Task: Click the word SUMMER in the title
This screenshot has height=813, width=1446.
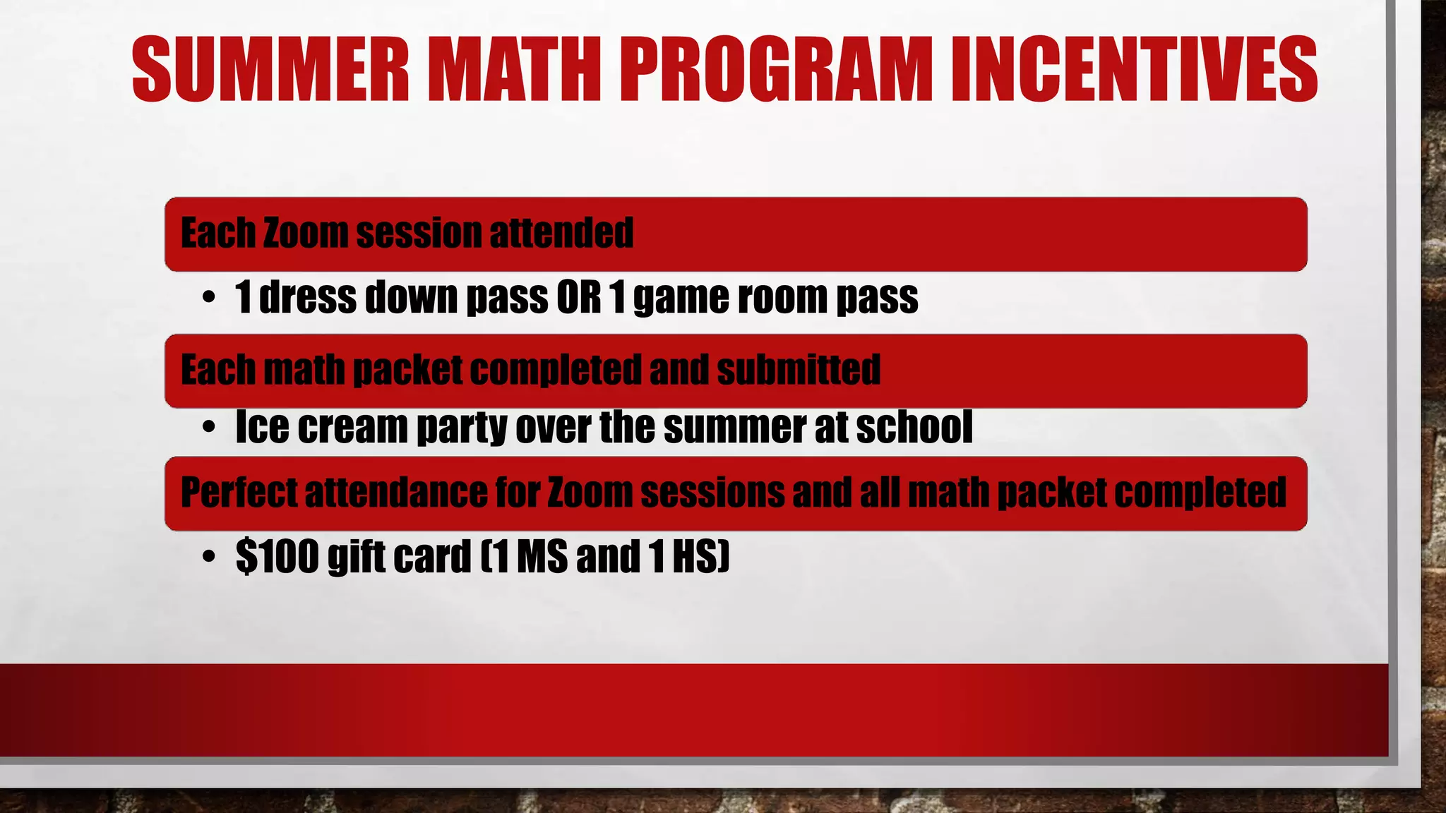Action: pos(270,69)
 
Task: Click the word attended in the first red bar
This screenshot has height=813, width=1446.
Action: pos(561,233)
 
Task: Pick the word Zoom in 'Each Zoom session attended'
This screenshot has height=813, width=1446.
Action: pos(305,233)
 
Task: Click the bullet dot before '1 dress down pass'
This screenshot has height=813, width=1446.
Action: pos(208,298)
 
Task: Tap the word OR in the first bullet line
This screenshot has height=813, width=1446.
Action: pos(578,297)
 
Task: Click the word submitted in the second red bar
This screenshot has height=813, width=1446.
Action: pos(799,370)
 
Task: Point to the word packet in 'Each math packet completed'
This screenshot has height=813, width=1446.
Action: pos(407,371)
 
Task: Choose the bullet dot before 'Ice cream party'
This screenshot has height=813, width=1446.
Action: pos(208,428)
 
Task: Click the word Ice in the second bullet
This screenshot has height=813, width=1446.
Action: pos(262,427)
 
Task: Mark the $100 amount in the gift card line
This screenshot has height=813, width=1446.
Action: pos(277,556)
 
